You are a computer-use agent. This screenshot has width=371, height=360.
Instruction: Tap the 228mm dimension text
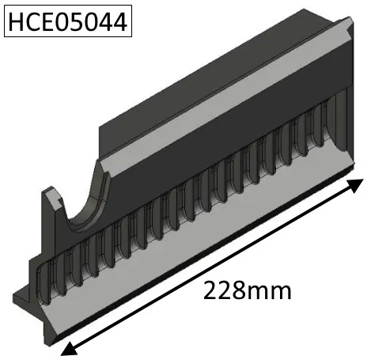coord(247,290)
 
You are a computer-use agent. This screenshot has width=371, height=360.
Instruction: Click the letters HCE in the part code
coord(31,21)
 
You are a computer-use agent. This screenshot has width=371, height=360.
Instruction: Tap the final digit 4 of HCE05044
coord(119,21)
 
